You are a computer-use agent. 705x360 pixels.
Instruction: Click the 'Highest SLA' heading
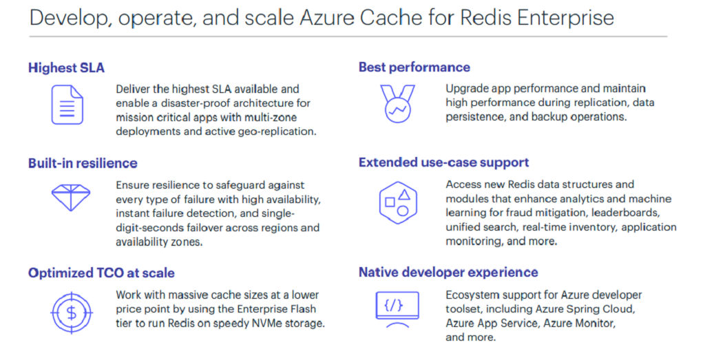pyautogui.click(x=66, y=68)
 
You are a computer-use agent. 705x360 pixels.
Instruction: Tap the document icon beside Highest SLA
pyautogui.click(x=67, y=105)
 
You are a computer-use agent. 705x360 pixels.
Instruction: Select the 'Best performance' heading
pyautogui.click(x=414, y=67)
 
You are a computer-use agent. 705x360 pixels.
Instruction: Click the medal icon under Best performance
pyautogui.click(x=397, y=104)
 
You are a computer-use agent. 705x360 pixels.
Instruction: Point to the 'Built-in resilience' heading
pyautogui.click(x=83, y=163)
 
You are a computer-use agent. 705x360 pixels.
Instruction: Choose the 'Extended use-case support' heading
pyautogui.click(x=444, y=162)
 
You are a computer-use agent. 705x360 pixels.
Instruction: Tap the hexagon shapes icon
pyautogui.click(x=398, y=202)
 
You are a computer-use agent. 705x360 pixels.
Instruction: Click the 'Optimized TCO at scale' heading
pyautogui.click(x=101, y=273)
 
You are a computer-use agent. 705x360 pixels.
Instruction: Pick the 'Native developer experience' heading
pyautogui.click(x=448, y=273)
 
